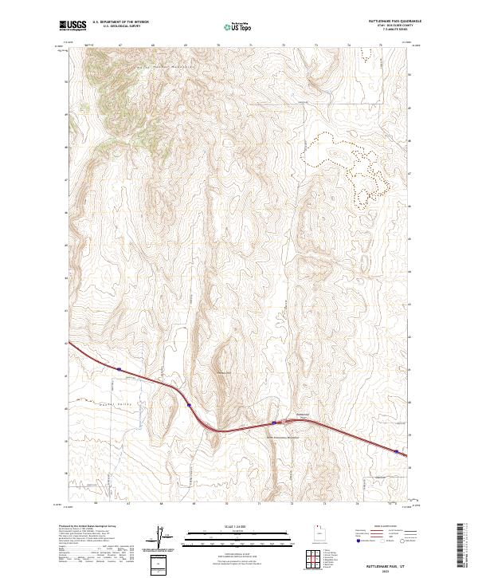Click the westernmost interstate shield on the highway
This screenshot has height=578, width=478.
(118, 369)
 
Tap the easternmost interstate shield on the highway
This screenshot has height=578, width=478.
(396, 451)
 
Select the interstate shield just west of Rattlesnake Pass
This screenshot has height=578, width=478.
(274, 423)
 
